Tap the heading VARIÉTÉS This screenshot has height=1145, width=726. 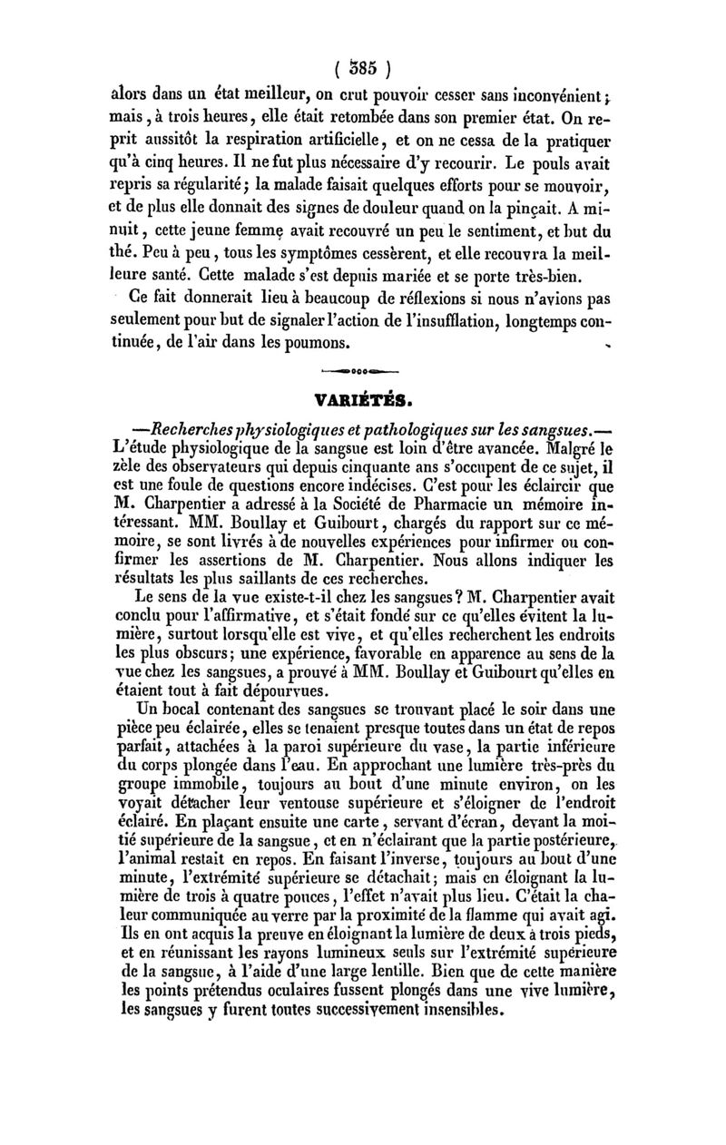coord(362,398)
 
